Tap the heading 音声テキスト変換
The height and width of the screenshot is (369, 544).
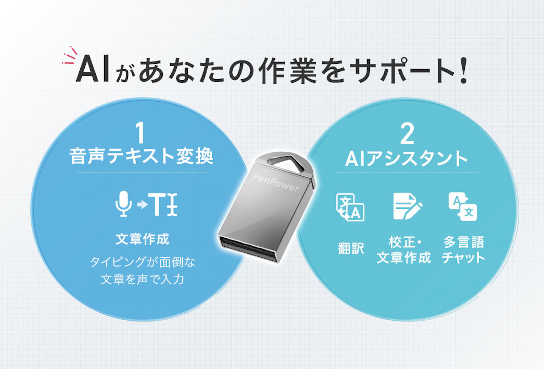coord(141,157)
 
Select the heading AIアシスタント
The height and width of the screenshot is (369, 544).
coord(407,158)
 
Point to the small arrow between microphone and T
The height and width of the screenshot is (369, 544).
coord(142,205)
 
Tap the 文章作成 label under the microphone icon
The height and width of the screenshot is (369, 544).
coord(142,239)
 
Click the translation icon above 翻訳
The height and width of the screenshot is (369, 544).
coord(350,207)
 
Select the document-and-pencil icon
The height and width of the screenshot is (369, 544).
coord(406,206)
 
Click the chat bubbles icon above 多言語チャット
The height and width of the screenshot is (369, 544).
coord(462,206)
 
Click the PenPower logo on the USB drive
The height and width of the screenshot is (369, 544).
coord(270,181)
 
